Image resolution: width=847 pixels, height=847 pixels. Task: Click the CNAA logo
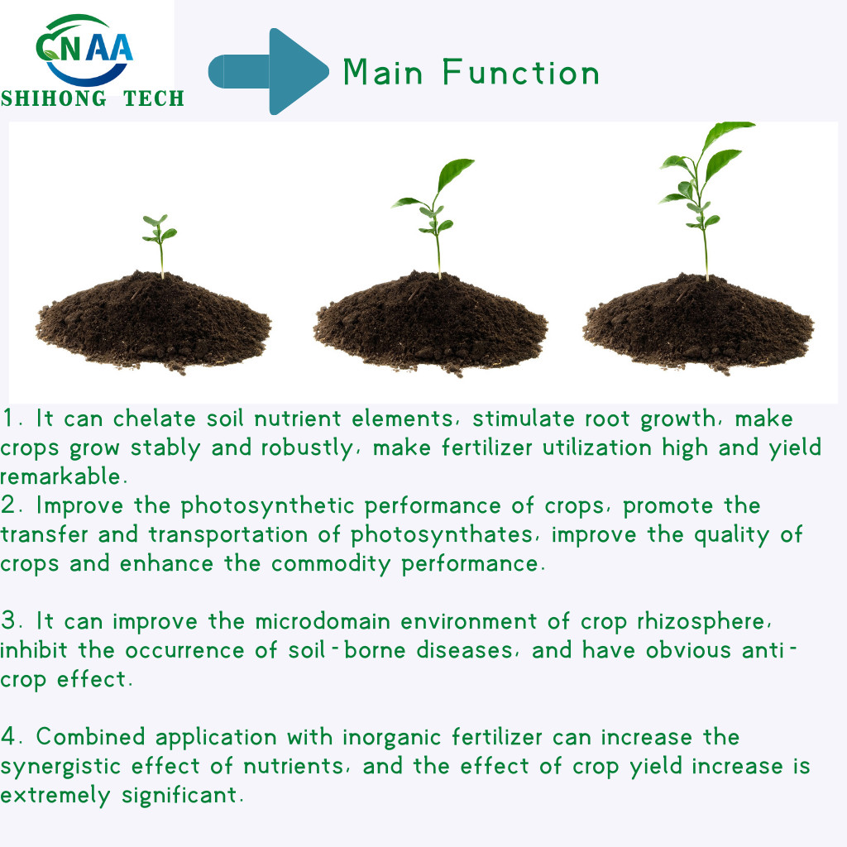click(x=84, y=50)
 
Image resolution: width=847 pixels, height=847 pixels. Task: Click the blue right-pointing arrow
click(x=269, y=71)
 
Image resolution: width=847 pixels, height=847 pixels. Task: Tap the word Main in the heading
click(x=383, y=72)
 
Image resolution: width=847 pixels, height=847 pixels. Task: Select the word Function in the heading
click(x=521, y=72)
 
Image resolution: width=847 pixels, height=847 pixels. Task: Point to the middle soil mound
click(x=430, y=323)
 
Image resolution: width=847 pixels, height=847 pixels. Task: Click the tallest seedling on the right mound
click(x=705, y=201)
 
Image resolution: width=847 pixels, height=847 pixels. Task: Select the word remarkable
click(x=61, y=476)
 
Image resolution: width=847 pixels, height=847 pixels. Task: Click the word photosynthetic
click(x=267, y=506)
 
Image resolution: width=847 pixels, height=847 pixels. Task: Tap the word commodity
click(x=331, y=564)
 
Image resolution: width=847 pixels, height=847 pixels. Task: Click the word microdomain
click(x=323, y=622)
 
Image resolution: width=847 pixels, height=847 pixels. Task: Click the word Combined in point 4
click(x=91, y=737)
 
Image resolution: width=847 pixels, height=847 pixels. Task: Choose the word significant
click(x=179, y=796)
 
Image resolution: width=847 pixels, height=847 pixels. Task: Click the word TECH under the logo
click(x=154, y=99)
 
